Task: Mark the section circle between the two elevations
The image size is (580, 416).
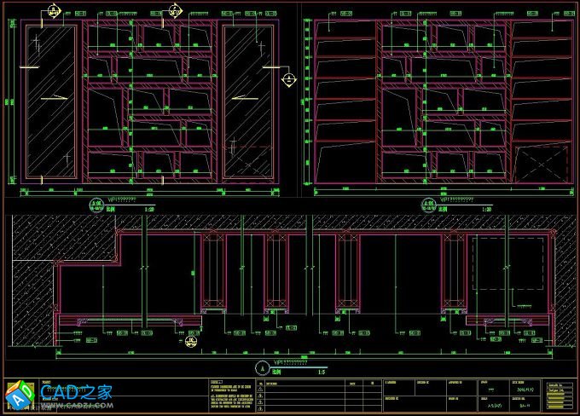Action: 290,81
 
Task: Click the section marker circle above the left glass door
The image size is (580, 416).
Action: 53,11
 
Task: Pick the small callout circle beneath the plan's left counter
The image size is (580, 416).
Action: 191,341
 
